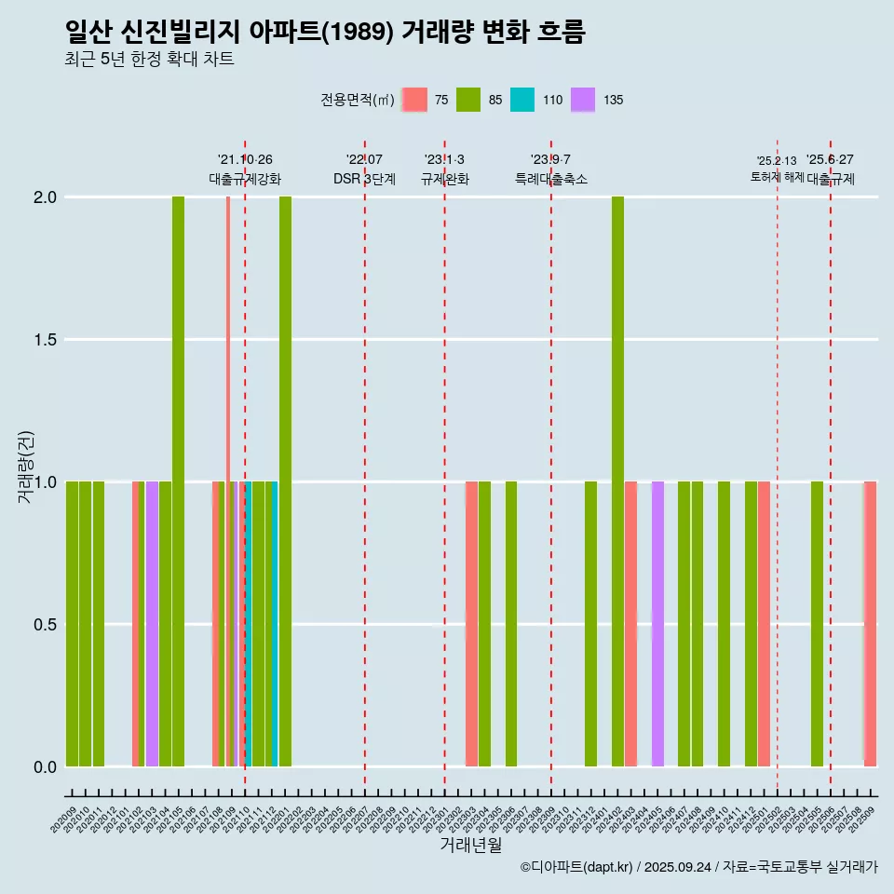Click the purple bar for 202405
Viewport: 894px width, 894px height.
[657, 624]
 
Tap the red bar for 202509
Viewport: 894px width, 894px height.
[871, 624]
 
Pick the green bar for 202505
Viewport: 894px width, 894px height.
[817, 624]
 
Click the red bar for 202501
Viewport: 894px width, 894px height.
[764, 624]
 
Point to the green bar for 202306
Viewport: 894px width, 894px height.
[511, 624]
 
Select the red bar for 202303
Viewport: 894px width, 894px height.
[471, 624]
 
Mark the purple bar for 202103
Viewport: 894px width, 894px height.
[152, 624]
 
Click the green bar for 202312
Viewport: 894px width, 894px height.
[590, 624]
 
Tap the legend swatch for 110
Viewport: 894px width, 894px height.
[522, 100]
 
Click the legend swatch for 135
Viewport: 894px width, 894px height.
[583, 100]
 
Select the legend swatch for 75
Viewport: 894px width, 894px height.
[414, 100]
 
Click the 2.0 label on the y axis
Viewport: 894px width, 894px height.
[45, 197]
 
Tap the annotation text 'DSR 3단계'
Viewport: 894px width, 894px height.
[364, 179]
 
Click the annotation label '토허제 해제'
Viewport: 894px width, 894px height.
[777, 177]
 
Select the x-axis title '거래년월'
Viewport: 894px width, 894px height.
[470, 845]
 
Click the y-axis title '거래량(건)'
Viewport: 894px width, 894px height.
[26, 466]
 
